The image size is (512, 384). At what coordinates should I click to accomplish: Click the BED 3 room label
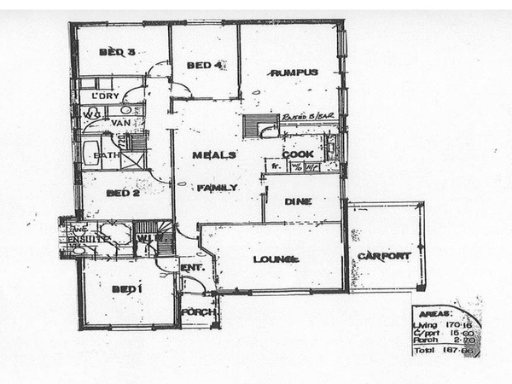coord(117,52)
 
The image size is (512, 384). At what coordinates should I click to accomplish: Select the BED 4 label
coord(204,65)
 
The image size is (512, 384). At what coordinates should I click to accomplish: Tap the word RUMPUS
coord(294,73)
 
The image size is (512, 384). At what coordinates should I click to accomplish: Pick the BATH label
coord(107,155)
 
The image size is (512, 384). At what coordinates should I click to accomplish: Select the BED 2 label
coord(122,193)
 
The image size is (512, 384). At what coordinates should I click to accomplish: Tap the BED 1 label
coord(125,288)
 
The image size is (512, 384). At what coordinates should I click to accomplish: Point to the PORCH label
coord(196,312)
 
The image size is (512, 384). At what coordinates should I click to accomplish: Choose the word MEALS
coord(208,155)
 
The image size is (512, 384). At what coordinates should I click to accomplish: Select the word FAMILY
coord(217,187)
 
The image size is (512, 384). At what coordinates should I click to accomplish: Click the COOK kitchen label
coord(299,154)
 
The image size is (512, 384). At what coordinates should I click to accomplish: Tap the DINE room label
coord(300,201)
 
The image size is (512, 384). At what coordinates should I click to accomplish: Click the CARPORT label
coord(384,255)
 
